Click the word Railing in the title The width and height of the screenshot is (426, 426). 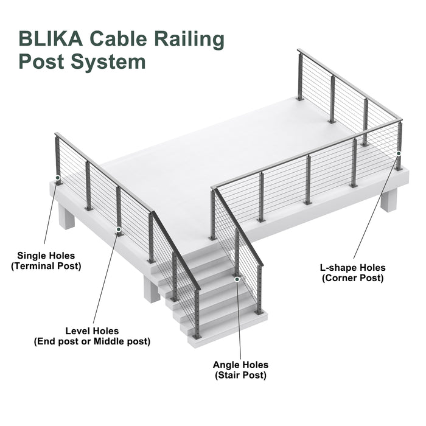point(187,38)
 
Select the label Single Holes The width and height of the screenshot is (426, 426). point(46,255)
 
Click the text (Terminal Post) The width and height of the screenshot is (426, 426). point(46,266)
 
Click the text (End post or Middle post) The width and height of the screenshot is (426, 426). point(92,342)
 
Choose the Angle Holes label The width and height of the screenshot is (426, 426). point(240,365)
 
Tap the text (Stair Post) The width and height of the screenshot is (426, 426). point(240,375)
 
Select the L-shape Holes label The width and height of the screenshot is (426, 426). point(352,267)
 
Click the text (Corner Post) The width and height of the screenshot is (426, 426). point(352,278)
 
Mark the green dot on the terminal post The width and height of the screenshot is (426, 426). point(58,180)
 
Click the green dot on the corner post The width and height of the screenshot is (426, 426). point(399,153)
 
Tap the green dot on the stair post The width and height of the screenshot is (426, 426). point(237,278)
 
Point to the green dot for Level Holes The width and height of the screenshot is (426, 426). point(119,231)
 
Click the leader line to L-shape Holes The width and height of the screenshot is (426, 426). point(376,207)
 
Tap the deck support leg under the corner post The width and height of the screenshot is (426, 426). point(388,199)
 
